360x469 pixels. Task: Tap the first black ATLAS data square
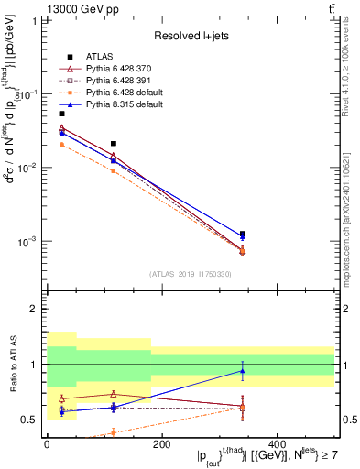(61, 114)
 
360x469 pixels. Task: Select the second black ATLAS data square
(113, 144)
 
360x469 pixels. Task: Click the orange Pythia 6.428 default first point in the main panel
(61, 145)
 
